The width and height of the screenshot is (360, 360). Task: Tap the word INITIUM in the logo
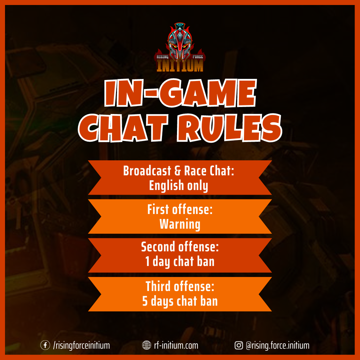click(x=180, y=66)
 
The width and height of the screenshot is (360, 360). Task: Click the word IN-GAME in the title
click(x=180, y=93)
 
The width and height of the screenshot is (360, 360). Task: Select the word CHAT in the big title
click(x=123, y=128)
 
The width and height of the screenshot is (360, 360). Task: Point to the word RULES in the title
click(x=229, y=128)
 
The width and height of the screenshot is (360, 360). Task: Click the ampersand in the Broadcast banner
click(x=178, y=171)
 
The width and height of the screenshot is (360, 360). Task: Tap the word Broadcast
click(x=147, y=171)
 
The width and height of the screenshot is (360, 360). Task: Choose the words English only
click(x=179, y=186)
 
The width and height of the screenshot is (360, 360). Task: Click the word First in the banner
click(x=158, y=209)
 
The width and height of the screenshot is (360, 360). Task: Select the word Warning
click(x=180, y=224)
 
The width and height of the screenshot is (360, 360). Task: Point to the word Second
click(x=158, y=247)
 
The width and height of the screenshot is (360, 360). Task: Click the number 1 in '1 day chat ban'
click(x=147, y=262)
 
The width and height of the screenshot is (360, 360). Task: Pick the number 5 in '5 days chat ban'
click(x=145, y=301)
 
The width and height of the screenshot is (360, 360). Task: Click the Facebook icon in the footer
click(x=45, y=345)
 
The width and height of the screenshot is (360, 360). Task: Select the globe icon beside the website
click(x=146, y=345)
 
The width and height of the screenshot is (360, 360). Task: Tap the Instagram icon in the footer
click(x=239, y=345)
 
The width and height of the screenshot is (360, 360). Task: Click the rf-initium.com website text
click(x=176, y=345)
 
